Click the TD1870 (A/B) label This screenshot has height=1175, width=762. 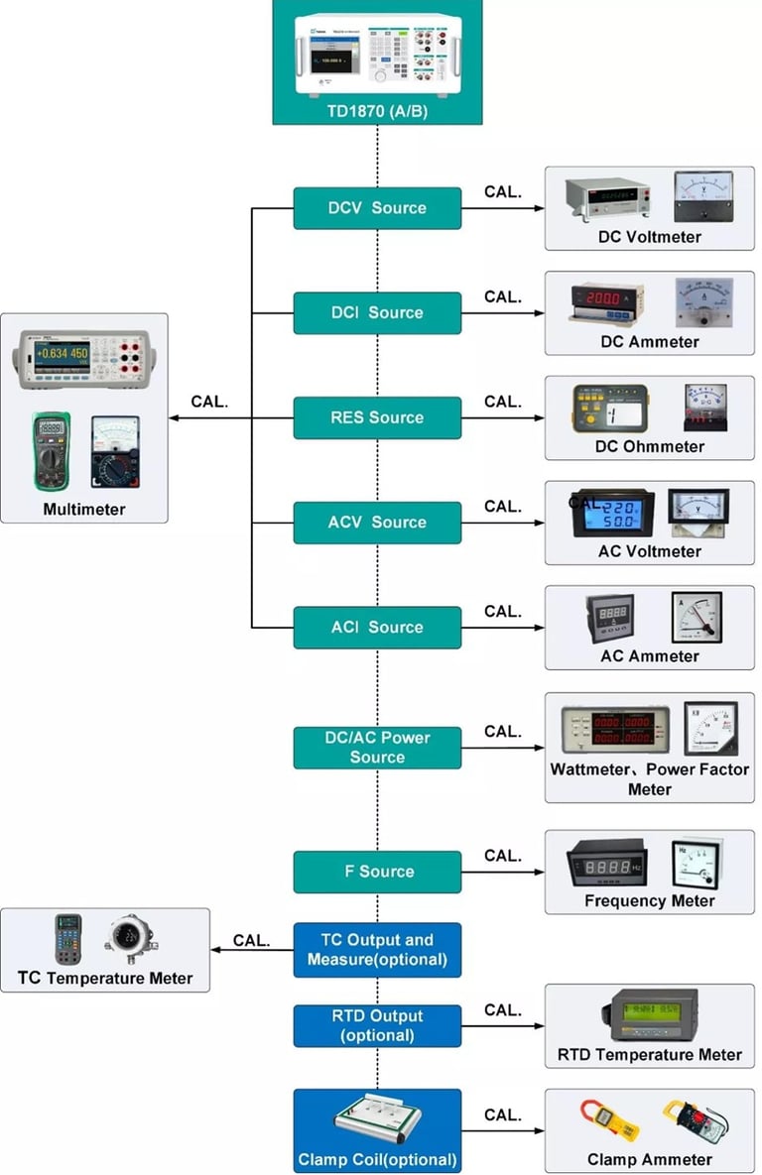coord(377,110)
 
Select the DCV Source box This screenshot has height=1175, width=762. coord(377,208)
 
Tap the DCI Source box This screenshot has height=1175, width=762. coord(377,312)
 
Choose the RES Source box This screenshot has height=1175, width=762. coord(377,417)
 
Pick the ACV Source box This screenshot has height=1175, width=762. coord(377,523)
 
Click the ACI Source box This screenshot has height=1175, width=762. coord(377,627)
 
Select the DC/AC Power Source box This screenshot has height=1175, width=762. coord(377,747)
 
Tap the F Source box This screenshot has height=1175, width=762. coord(377,872)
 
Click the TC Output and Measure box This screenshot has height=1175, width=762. coord(377,949)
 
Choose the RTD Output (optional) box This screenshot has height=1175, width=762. coord(377,1025)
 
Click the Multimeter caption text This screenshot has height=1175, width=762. coord(84,509)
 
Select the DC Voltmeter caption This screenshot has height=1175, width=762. coord(649,237)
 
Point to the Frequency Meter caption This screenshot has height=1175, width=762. coord(649,900)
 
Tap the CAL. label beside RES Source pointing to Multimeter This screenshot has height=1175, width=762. coord(209,402)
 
